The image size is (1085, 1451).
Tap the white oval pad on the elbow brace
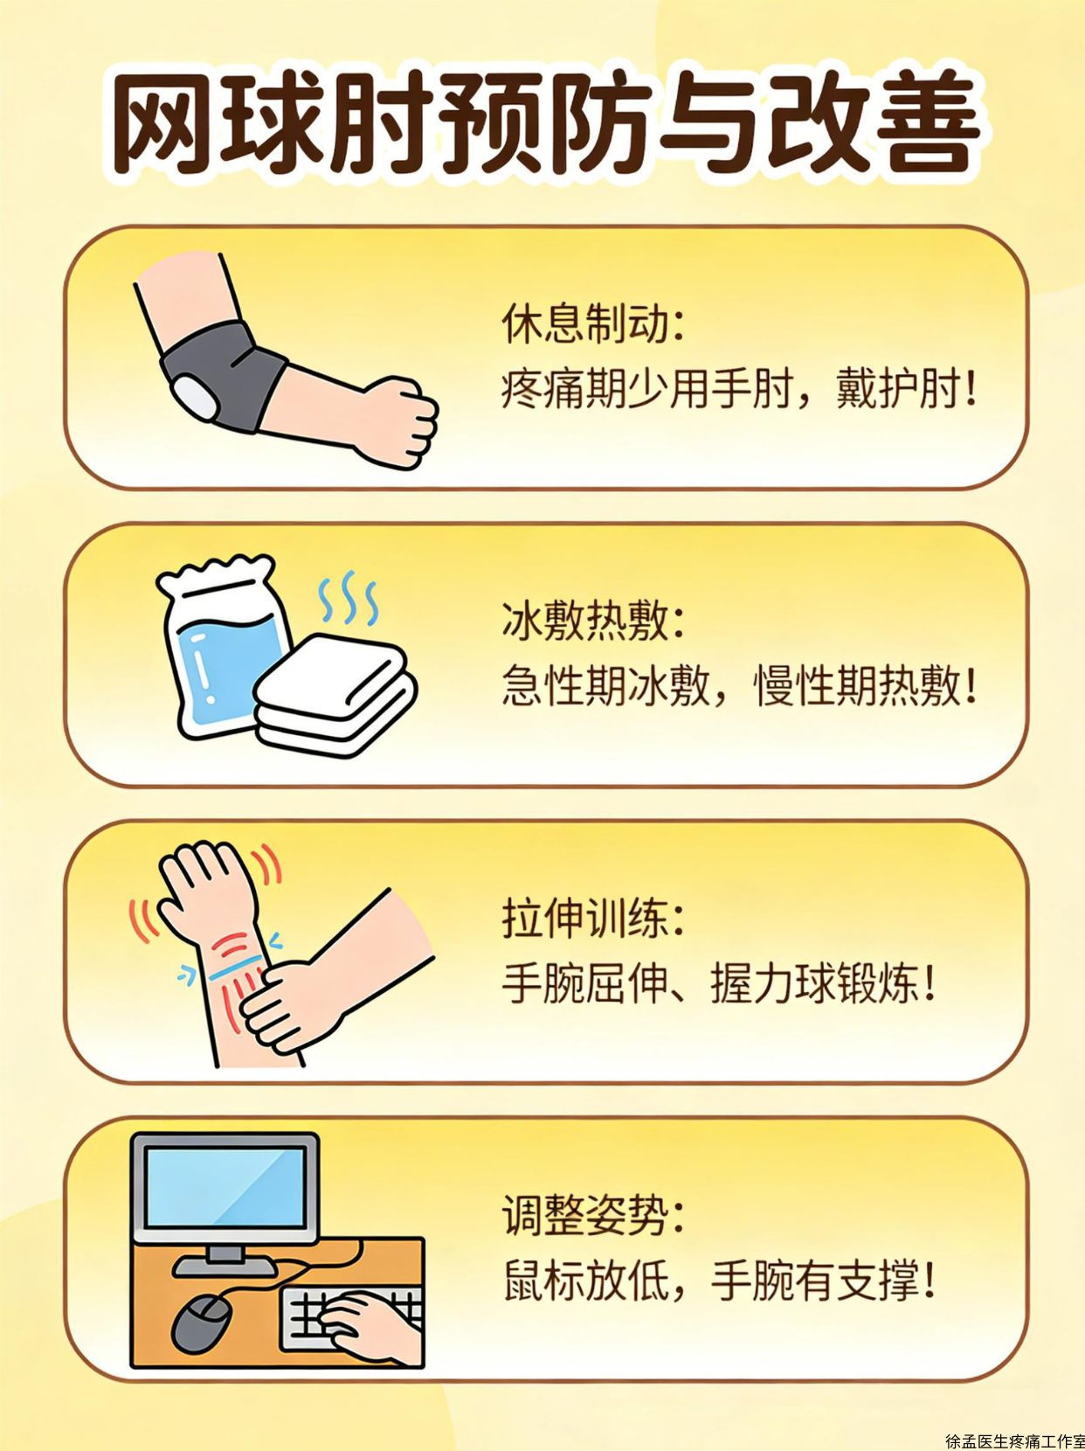194,396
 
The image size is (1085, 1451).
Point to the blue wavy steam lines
348,599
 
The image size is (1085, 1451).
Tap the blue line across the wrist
236,967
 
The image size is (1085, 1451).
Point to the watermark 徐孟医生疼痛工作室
1015,1441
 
